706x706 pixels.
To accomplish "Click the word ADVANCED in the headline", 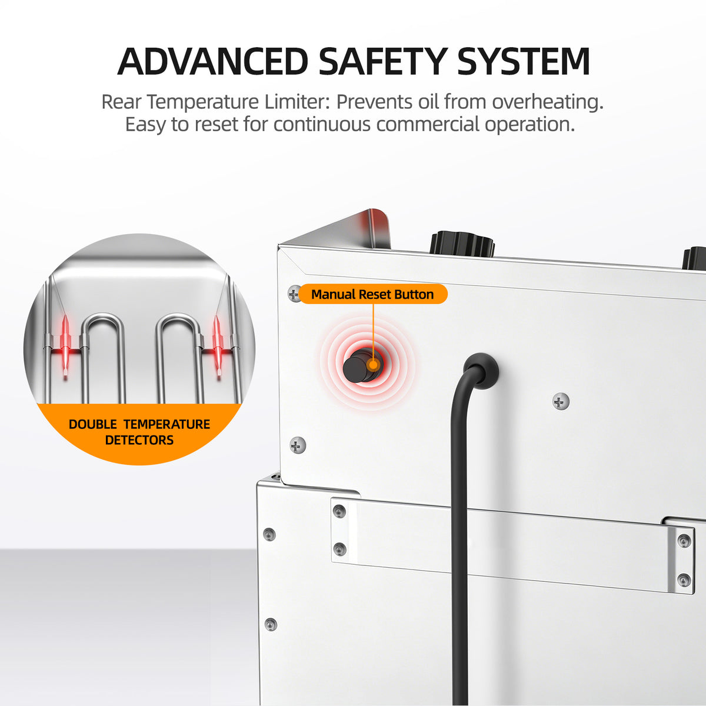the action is [213, 61].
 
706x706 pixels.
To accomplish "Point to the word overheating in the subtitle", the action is [547, 102].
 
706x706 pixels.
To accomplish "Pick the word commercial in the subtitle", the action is [428, 125].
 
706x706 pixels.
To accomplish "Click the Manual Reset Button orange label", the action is [373, 294].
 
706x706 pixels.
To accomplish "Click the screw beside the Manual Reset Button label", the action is [294, 293].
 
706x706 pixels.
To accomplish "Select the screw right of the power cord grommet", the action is [561, 402].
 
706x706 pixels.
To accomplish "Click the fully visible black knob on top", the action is [462, 243].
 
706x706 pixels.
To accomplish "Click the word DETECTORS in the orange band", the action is [139, 440].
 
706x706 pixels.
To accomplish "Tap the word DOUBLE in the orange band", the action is [93, 424].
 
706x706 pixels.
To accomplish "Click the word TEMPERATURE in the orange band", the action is [166, 424].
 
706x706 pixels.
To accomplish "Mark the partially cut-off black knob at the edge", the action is [694, 259].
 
